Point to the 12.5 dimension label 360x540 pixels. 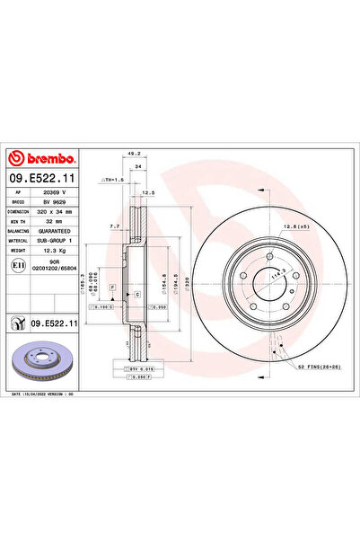click(149, 192)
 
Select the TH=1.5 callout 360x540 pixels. click(114, 180)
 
